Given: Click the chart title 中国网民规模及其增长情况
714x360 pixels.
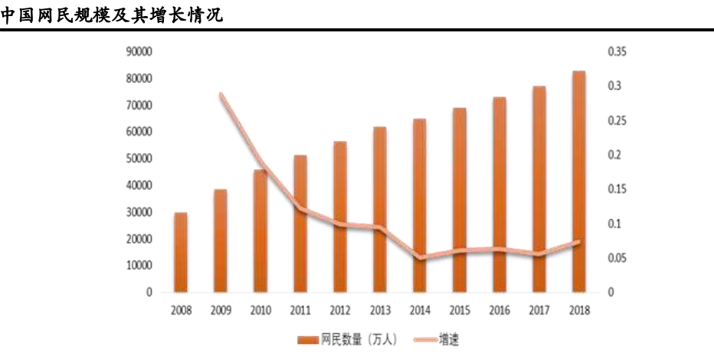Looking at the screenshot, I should (x=111, y=14).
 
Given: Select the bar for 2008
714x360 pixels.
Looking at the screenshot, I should (x=181, y=253).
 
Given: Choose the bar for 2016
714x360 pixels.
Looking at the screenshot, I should (x=499, y=195).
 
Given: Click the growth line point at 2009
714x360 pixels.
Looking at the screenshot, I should (x=221, y=95).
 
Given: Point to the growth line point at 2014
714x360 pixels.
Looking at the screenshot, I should (x=420, y=257).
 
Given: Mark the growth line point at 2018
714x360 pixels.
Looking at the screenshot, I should (x=579, y=242).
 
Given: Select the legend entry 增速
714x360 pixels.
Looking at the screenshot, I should (x=448, y=337).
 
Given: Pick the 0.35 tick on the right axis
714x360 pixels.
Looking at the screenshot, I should (x=617, y=51).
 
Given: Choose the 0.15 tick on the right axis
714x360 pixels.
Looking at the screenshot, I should (x=617, y=189).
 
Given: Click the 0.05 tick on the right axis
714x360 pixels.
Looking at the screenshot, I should (x=617, y=258).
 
